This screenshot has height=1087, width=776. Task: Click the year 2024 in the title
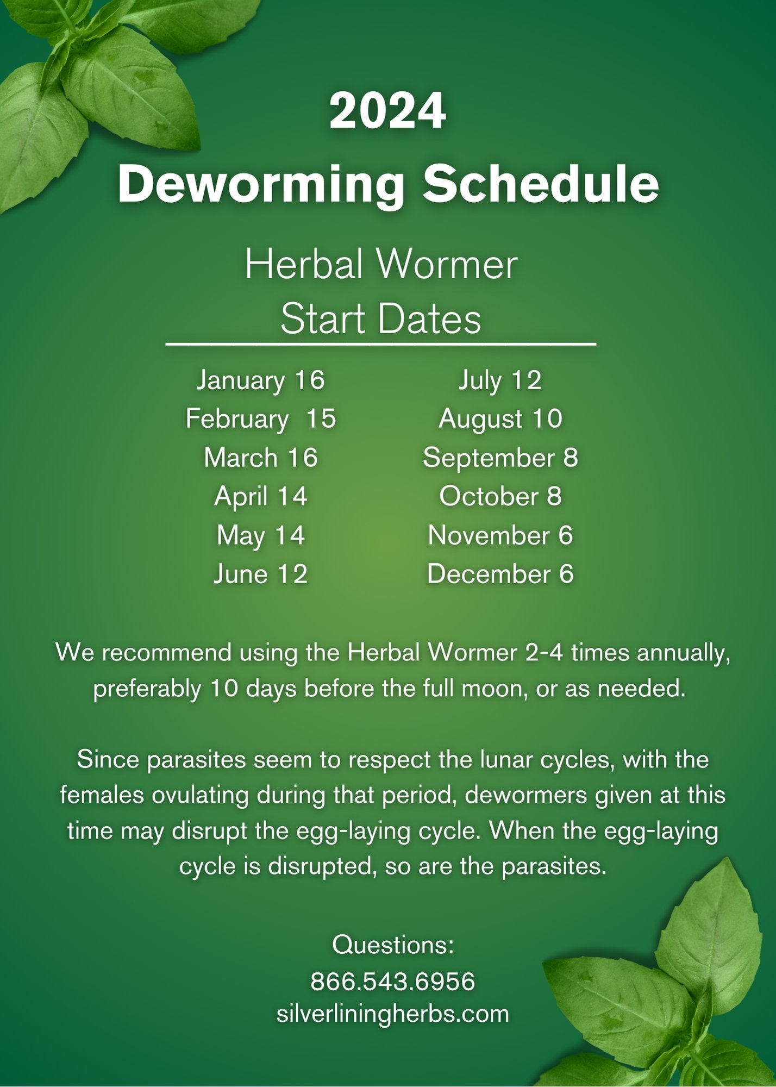click(387, 111)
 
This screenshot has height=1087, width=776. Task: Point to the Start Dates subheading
click(381, 319)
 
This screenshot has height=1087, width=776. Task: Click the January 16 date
click(260, 380)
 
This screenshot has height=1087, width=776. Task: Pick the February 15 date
click(260, 419)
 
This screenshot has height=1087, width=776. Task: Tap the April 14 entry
click(260, 497)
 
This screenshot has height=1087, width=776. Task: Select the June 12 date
click(260, 574)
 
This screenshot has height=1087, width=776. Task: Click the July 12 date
click(500, 380)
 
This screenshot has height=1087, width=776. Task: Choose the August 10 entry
click(500, 419)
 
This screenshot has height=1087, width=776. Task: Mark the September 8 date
click(500, 458)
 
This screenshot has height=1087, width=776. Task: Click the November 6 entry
click(500, 536)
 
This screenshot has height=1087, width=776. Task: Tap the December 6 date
click(500, 574)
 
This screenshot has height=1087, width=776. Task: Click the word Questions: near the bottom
click(392, 946)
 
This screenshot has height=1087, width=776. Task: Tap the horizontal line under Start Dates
click(380, 344)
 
